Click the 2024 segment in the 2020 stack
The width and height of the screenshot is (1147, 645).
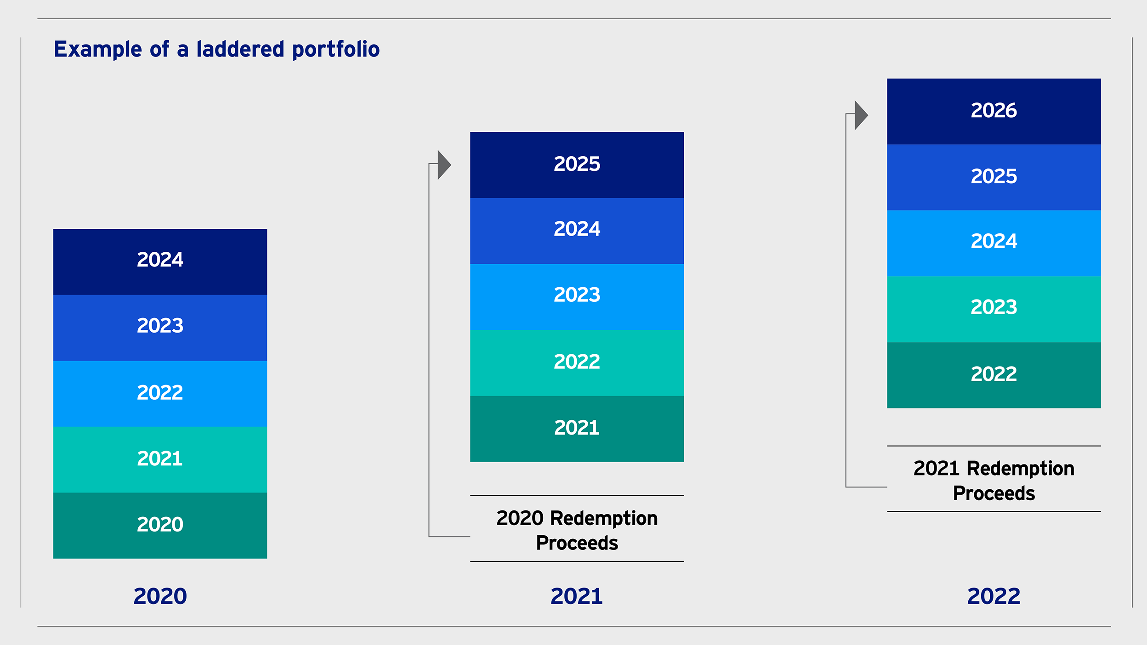[x=160, y=262]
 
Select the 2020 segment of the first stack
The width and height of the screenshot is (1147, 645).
[x=160, y=526]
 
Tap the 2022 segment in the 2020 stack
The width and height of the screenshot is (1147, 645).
[x=160, y=394]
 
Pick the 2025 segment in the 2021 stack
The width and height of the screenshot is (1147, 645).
[x=577, y=165]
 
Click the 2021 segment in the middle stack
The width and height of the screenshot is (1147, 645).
[x=577, y=429]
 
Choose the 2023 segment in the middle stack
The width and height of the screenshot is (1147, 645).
[x=577, y=297]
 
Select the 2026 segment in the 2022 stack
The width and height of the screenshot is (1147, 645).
[x=994, y=112]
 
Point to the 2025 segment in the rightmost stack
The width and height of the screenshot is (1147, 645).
[x=994, y=177]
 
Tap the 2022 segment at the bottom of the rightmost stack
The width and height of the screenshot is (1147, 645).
[x=994, y=375]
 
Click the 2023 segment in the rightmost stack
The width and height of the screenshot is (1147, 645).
[x=994, y=309]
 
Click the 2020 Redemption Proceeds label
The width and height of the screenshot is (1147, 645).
[x=577, y=531]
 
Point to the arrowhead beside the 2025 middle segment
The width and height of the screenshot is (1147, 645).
[x=444, y=164]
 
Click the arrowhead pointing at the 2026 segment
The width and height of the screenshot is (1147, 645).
[x=861, y=115]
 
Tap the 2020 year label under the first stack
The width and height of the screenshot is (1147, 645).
[x=160, y=596]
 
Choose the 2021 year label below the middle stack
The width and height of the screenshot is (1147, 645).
[x=577, y=596]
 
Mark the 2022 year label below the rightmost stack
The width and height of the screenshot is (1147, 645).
[x=994, y=596]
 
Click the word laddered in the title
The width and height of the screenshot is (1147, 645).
[x=240, y=49]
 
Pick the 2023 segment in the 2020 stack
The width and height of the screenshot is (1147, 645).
[x=160, y=328]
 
